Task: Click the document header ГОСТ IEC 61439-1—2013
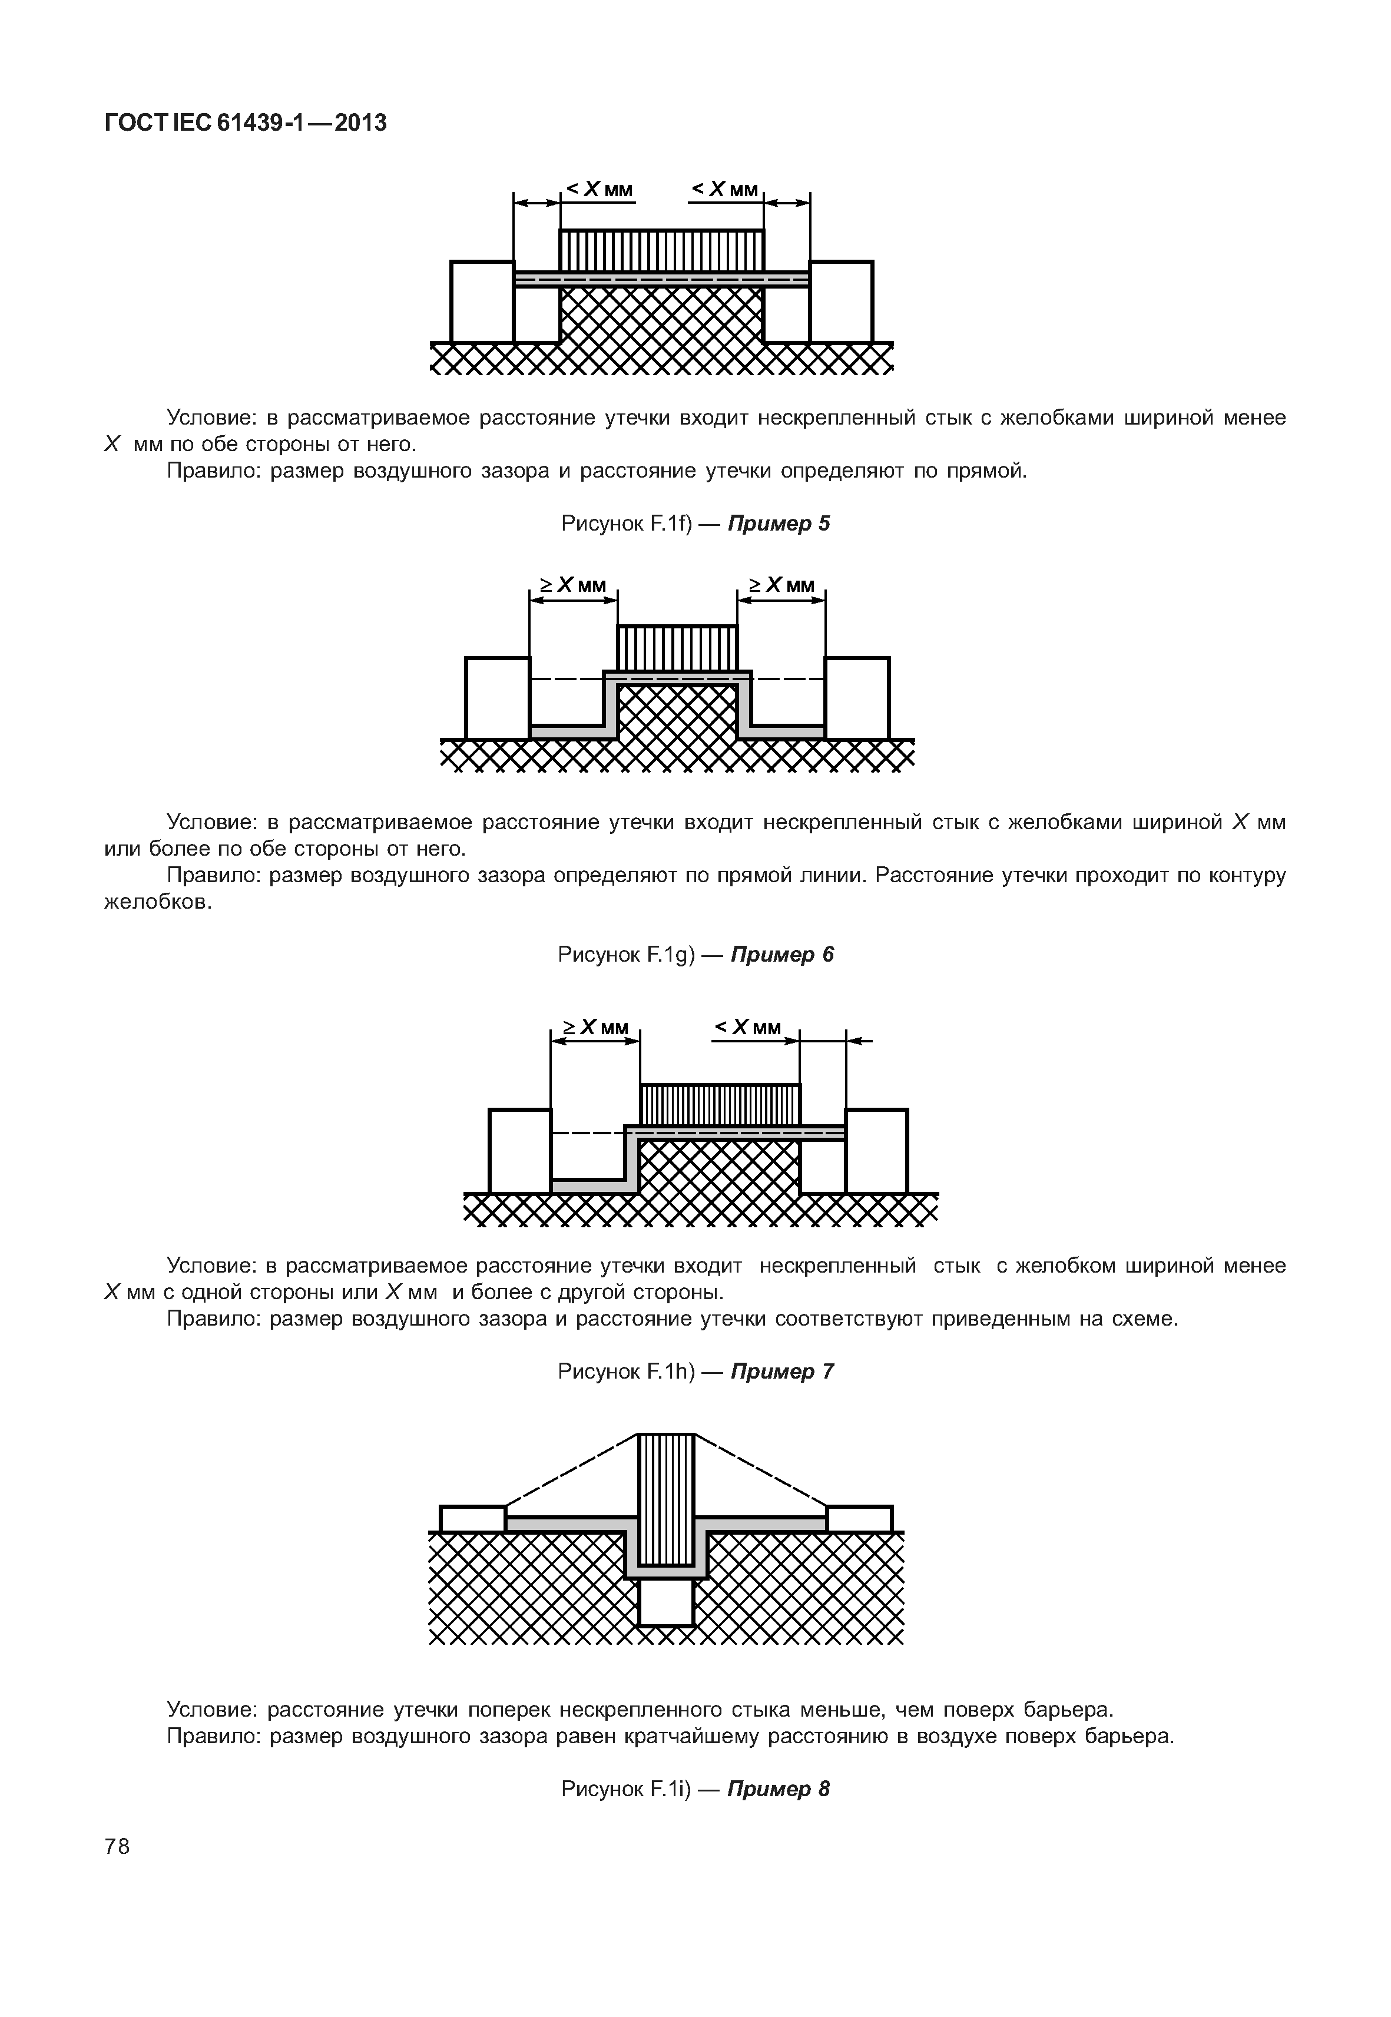pyautogui.click(x=245, y=124)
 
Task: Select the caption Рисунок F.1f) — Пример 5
pyautogui.click(x=695, y=524)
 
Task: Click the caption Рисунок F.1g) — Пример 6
pyautogui.click(x=695, y=955)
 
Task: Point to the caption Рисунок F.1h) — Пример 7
pyautogui.click(x=695, y=1371)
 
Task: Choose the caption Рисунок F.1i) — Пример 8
pyautogui.click(x=695, y=1789)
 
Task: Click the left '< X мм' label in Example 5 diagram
pyautogui.click(x=600, y=189)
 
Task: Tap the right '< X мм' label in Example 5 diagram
pyautogui.click(x=725, y=189)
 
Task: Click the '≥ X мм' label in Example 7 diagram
pyautogui.click(x=595, y=1028)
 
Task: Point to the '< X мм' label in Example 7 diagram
pyautogui.click(x=748, y=1028)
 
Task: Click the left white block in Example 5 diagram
pyautogui.click(x=482, y=302)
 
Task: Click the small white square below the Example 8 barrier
pyautogui.click(x=666, y=1602)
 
